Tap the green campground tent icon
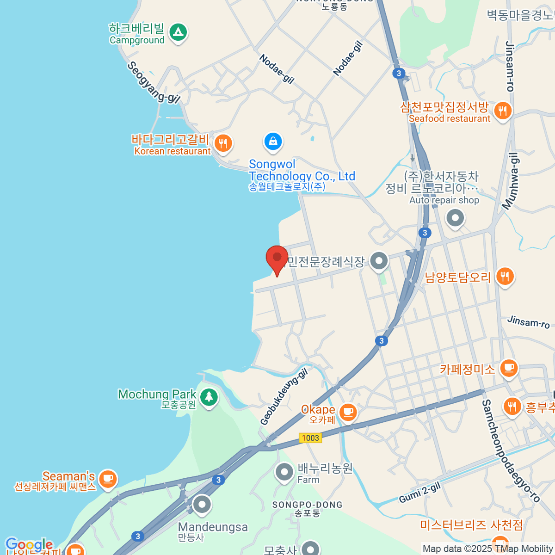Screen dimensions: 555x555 coord(178,32)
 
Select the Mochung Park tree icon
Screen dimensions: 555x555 coord(209,396)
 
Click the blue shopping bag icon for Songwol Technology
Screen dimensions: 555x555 coord(273,141)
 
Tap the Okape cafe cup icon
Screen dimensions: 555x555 coord(348,411)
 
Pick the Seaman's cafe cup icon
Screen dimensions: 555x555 coord(108,478)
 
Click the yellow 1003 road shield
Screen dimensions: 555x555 coord(310,438)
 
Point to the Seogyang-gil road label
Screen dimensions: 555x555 coord(153,82)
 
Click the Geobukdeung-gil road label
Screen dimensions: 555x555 coord(284,396)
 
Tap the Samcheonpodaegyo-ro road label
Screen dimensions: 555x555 coord(511,451)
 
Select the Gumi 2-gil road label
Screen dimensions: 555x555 coord(419,493)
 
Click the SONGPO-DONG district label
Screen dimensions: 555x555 coord(307,505)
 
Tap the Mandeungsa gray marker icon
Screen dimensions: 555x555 coord(202,505)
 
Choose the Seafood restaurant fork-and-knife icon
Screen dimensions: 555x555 coord(502,111)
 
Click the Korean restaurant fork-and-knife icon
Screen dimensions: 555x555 coord(223,143)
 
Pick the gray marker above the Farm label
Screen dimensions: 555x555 coord(284,472)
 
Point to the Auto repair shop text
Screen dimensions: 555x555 coord(444,200)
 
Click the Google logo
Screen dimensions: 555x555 coord(29,545)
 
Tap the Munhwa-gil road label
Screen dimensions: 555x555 coord(511,181)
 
